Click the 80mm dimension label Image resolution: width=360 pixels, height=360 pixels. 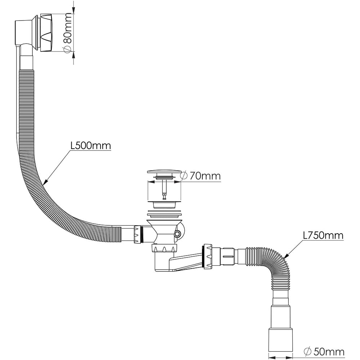(67, 28)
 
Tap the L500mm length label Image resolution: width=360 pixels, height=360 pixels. (91, 145)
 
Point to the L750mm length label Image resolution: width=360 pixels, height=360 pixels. (323, 235)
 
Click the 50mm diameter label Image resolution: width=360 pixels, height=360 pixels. (329, 351)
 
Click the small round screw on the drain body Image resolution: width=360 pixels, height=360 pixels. (177, 234)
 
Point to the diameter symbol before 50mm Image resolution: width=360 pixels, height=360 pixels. (307, 351)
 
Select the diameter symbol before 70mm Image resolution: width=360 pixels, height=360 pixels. (184, 176)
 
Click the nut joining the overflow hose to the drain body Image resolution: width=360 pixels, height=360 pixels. (138, 234)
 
